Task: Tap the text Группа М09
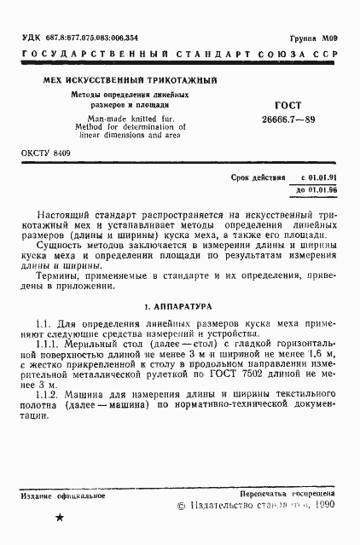tap(316, 38)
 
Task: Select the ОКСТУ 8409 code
tap(46, 153)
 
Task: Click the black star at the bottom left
tap(59, 517)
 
